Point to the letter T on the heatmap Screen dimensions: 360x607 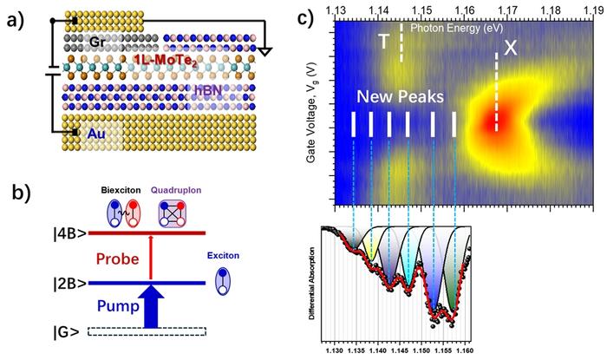tap(382, 42)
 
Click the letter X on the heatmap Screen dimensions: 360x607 tap(511, 50)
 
